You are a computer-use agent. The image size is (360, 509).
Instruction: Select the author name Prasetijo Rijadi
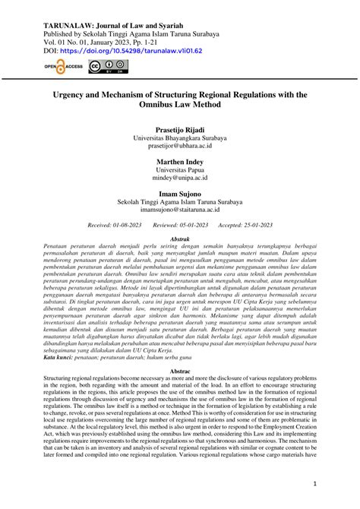point(179,130)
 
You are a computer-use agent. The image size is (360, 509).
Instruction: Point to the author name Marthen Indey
point(179,163)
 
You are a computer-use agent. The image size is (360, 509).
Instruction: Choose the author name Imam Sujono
point(179,194)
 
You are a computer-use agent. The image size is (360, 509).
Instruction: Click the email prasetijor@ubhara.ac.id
point(179,148)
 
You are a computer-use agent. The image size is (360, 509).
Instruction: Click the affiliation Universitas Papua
point(179,172)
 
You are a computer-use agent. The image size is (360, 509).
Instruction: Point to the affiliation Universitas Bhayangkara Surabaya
point(179,139)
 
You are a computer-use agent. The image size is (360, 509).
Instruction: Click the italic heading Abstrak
point(179,239)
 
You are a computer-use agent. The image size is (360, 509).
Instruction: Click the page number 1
point(336,483)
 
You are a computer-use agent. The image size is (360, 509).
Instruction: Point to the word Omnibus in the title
point(156,105)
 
